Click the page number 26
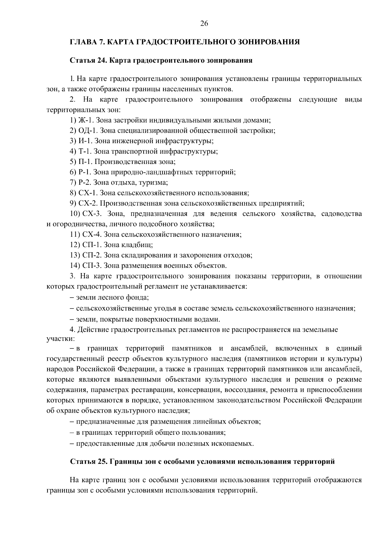tap(204, 23)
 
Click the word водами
tap(209, 319)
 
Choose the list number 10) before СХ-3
tap(75, 214)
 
